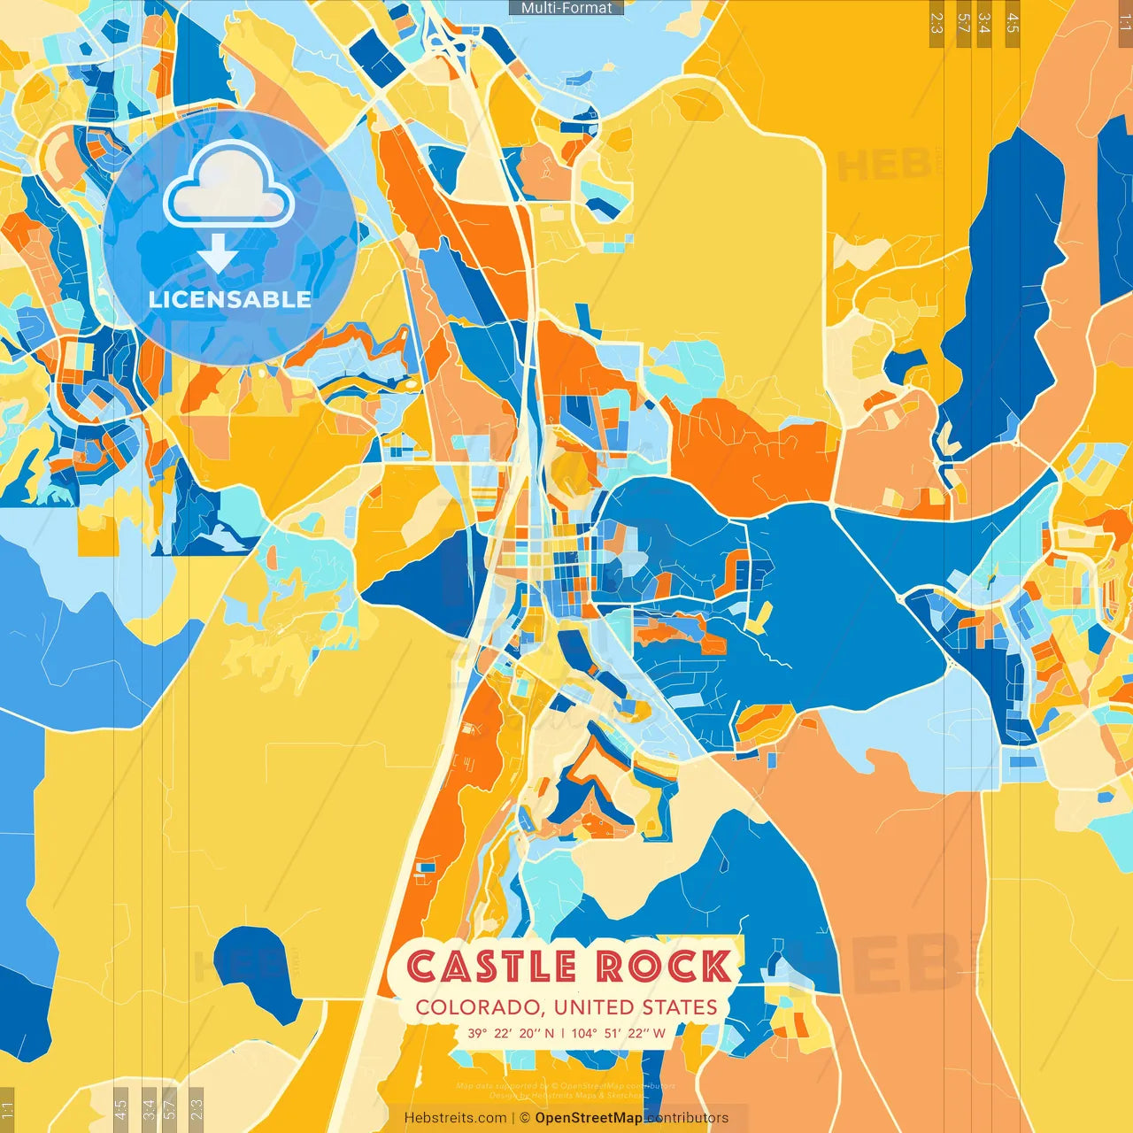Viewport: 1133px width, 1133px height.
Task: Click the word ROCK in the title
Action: click(x=664, y=967)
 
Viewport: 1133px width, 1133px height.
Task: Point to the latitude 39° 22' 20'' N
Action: click(x=511, y=1033)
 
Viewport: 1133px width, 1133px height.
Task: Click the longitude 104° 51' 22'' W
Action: click(x=618, y=1033)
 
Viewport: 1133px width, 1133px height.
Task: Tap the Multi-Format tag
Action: click(x=566, y=8)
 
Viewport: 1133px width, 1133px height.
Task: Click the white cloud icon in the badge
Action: click(x=228, y=188)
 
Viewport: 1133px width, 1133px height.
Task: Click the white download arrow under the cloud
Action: click(x=218, y=254)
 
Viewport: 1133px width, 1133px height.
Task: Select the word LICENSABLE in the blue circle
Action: click(x=229, y=299)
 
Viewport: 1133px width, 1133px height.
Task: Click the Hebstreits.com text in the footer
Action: click(x=455, y=1118)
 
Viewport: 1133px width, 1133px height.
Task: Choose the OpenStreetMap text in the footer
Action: click(x=589, y=1118)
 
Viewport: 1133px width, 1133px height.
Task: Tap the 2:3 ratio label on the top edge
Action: click(x=936, y=23)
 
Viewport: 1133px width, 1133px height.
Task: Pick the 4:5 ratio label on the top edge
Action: click(x=1013, y=23)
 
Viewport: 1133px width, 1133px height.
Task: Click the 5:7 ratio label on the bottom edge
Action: click(x=170, y=1109)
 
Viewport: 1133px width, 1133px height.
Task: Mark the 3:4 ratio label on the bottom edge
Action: click(x=149, y=1109)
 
